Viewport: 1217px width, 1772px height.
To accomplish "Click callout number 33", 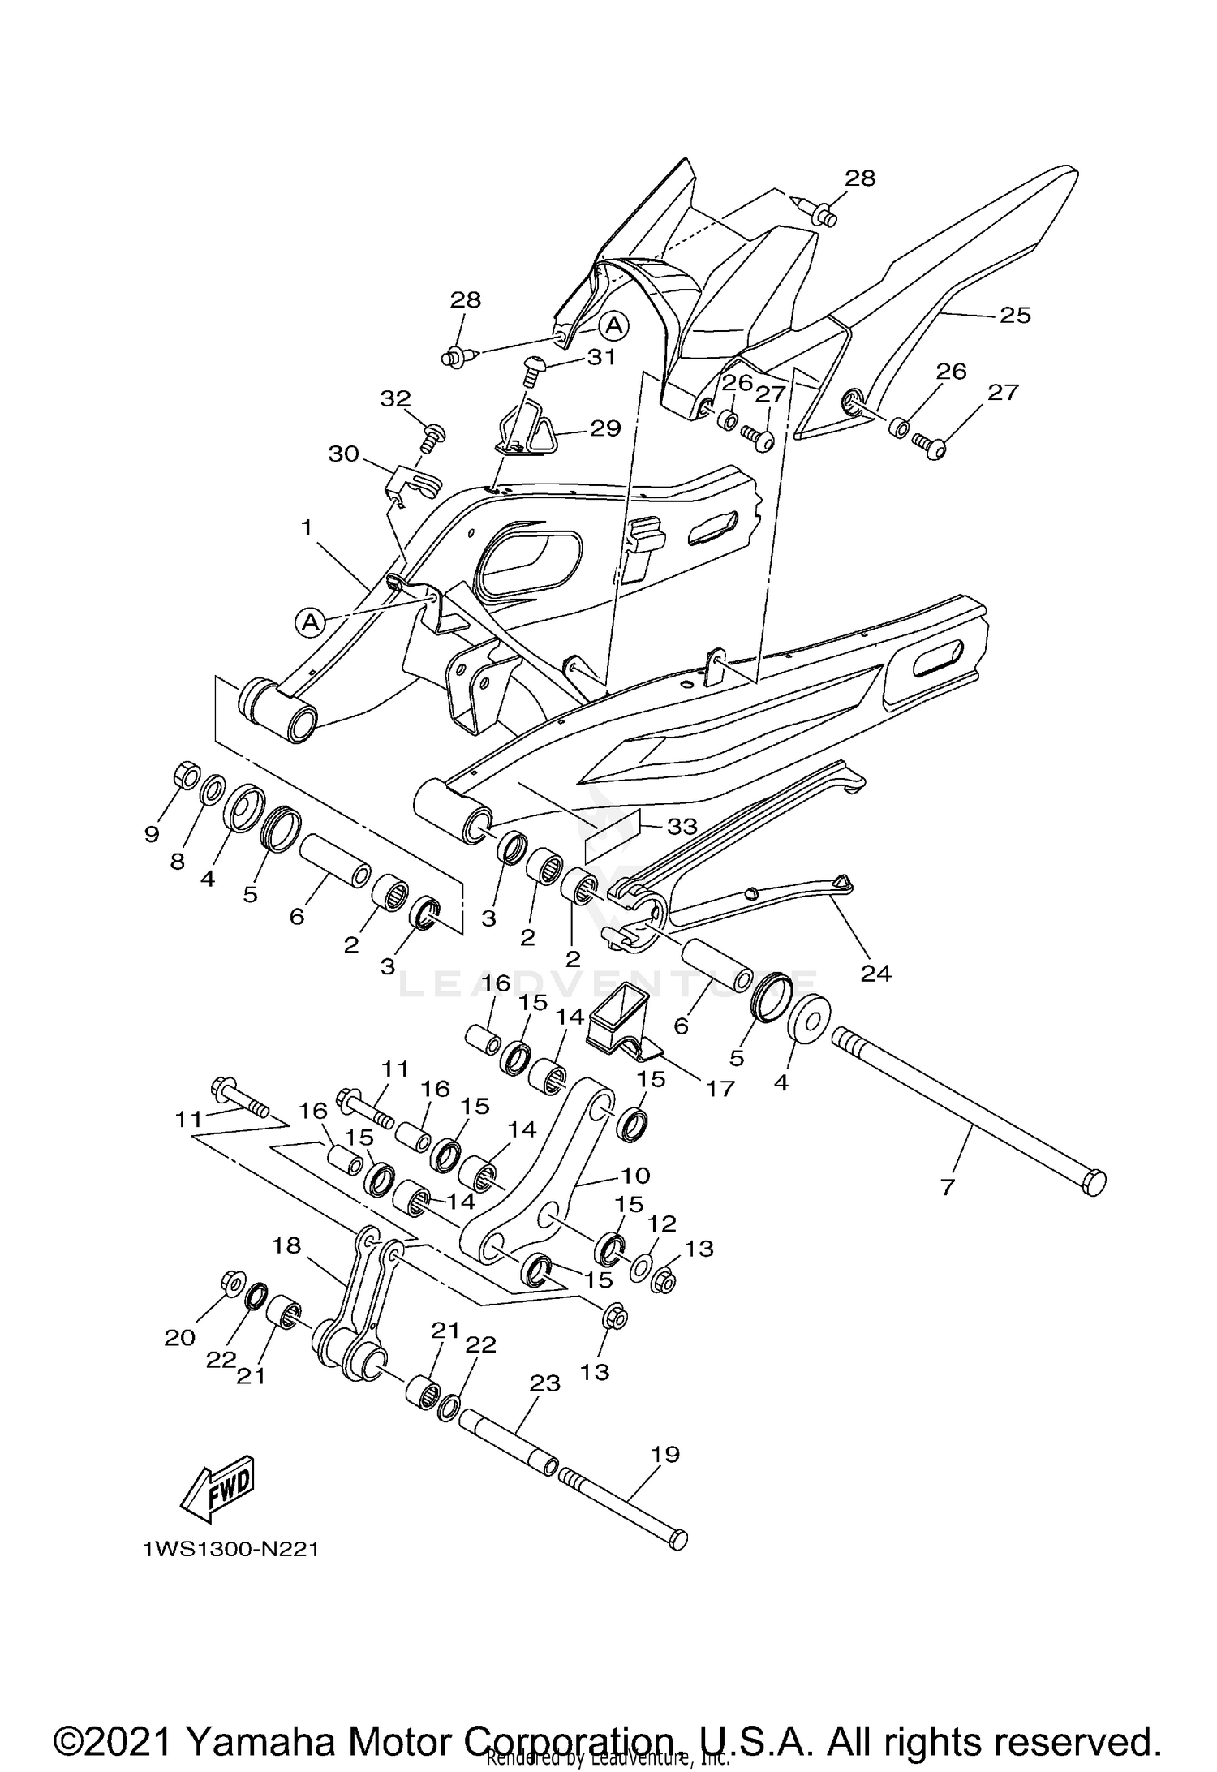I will tap(682, 827).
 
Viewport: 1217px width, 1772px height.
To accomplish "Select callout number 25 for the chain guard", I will tap(1014, 315).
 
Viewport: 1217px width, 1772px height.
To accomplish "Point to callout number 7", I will tap(948, 1187).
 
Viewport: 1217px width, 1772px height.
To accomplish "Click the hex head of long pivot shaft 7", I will tap(1094, 1181).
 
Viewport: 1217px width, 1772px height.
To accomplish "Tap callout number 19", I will tap(665, 1454).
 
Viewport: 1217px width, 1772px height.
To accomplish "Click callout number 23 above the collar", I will tap(544, 1383).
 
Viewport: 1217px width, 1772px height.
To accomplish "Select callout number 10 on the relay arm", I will tap(635, 1175).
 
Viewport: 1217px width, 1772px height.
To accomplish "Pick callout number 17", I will tap(720, 1087).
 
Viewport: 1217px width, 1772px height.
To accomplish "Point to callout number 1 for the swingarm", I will tap(307, 527).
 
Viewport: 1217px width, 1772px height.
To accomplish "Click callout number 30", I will tap(343, 454).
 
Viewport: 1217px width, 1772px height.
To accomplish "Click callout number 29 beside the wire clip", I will tap(605, 428).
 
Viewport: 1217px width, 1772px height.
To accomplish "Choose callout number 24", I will tap(876, 973).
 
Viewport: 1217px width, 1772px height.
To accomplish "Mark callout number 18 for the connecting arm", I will tap(286, 1245).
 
